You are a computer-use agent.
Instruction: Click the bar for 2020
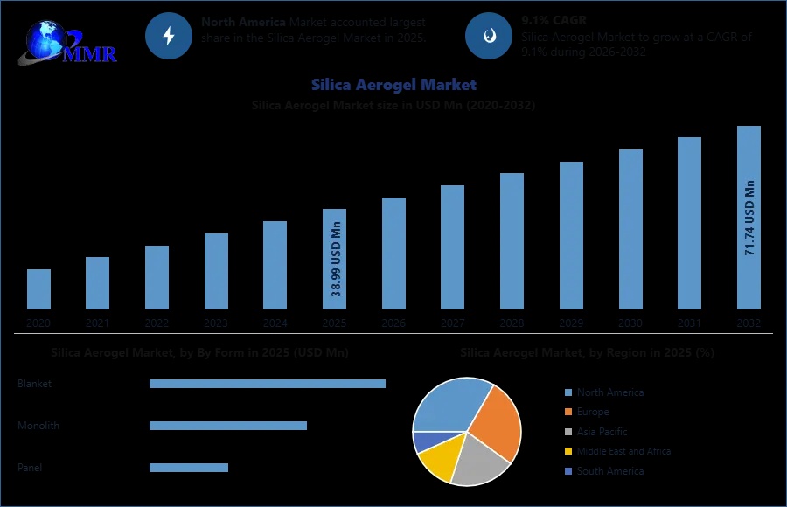(x=38, y=289)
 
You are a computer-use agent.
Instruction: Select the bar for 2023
(x=216, y=271)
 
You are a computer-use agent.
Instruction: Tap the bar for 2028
(x=512, y=241)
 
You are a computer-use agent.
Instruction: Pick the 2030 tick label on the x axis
(x=630, y=323)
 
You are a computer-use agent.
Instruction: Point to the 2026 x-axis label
(x=393, y=323)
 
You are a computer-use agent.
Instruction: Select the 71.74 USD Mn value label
(x=749, y=219)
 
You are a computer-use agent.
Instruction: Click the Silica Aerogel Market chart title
(x=393, y=85)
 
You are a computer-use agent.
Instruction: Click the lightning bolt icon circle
(x=168, y=36)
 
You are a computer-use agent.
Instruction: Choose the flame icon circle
(x=487, y=36)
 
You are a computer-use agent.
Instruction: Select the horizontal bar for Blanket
(x=267, y=384)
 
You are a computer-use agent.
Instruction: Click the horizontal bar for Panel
(x=188, y=468)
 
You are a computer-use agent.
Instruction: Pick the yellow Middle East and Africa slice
(x=437, y=462)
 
